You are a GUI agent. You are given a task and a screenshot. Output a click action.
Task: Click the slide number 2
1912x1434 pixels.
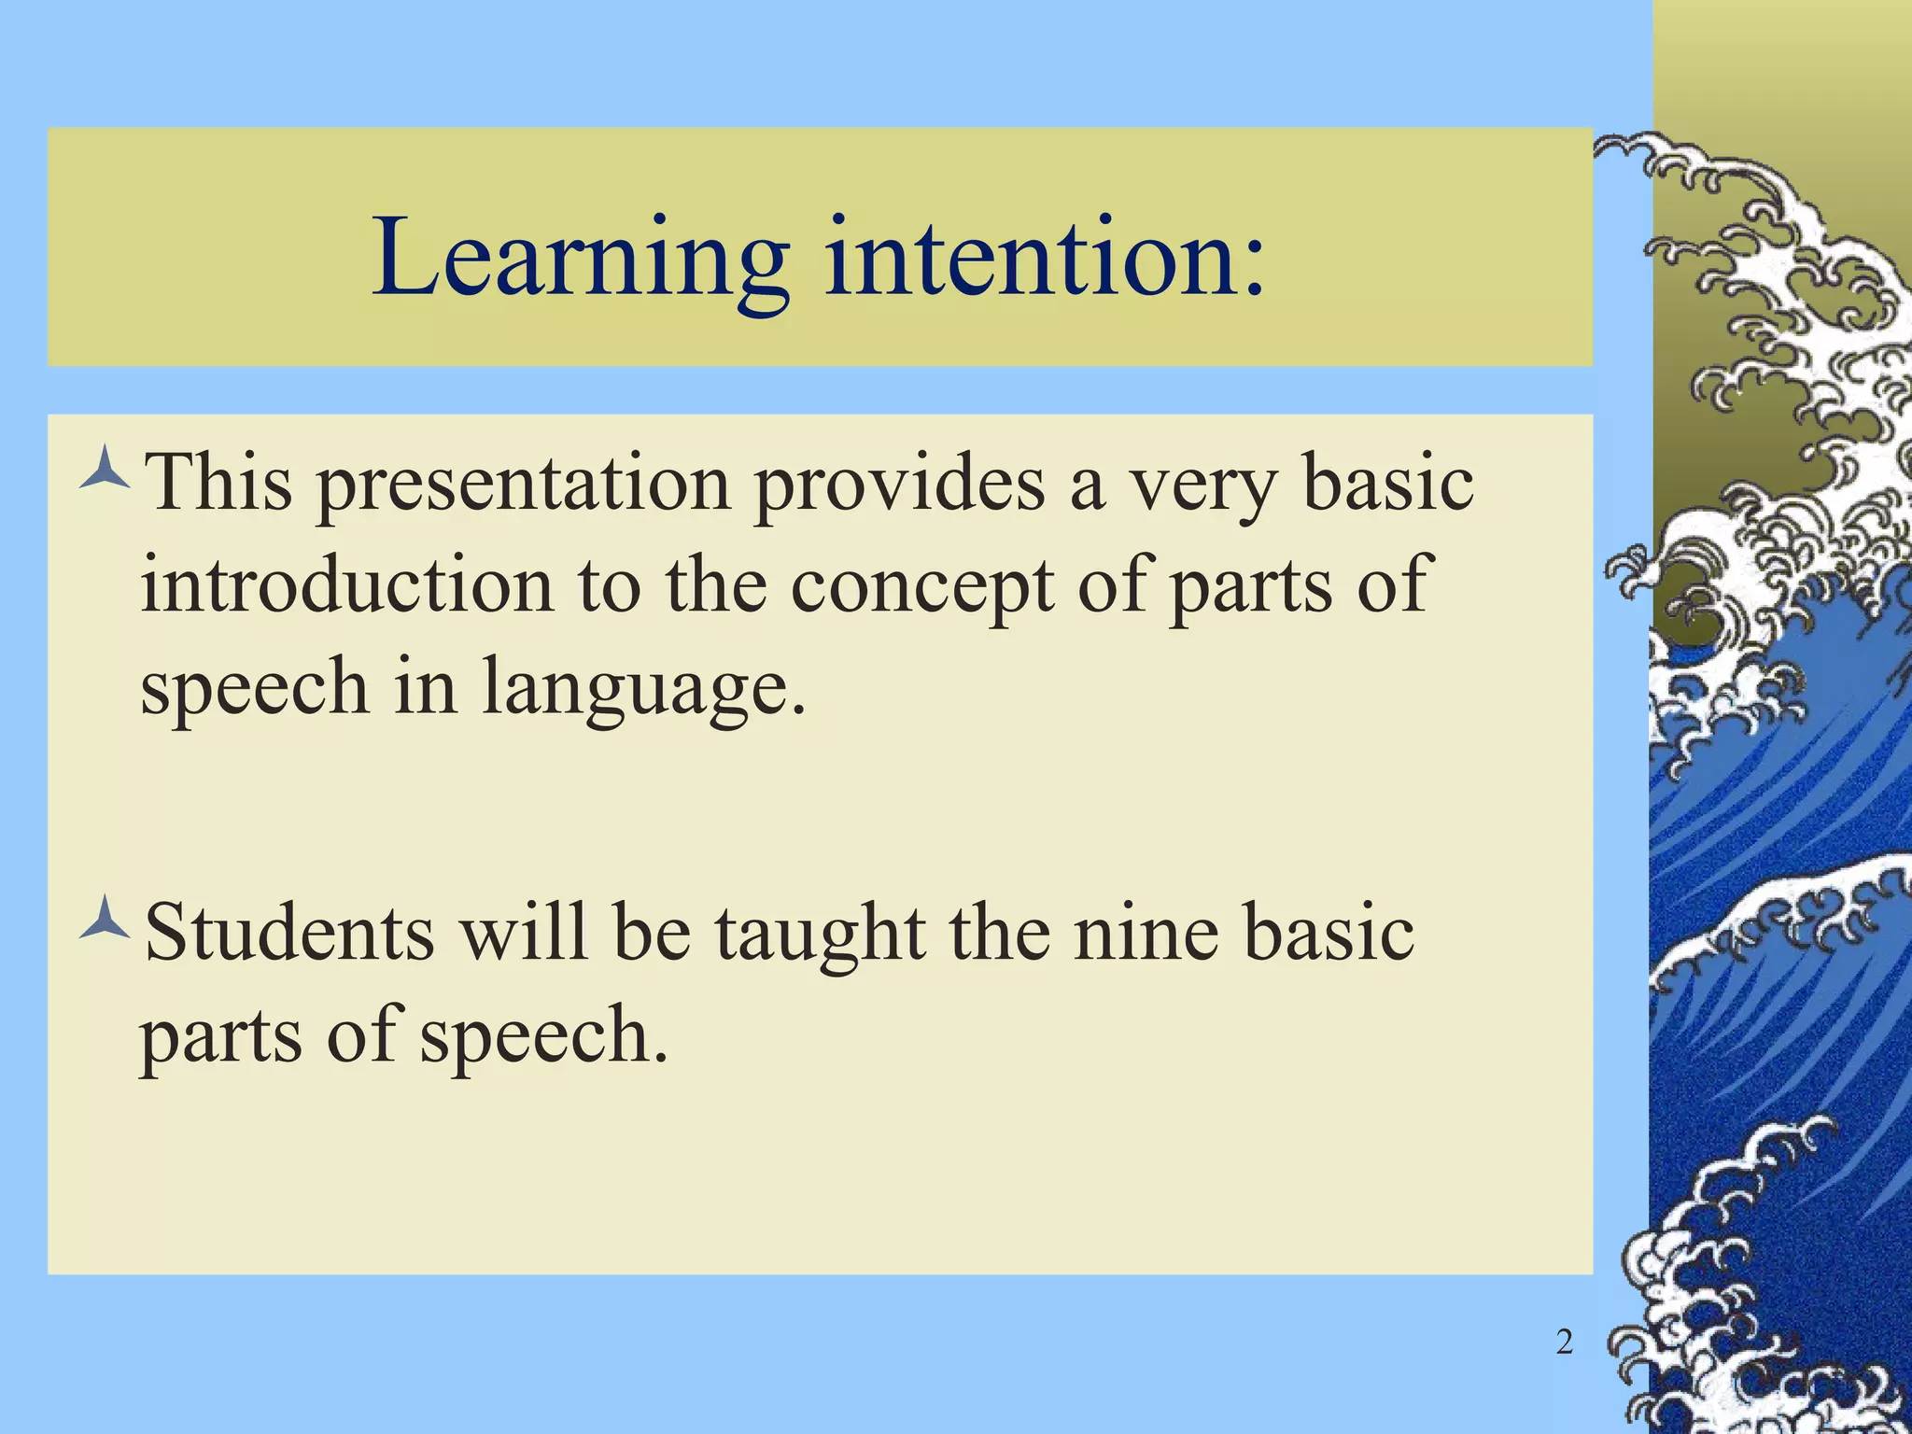1565,1343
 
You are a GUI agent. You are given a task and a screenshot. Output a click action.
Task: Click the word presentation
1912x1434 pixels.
523,485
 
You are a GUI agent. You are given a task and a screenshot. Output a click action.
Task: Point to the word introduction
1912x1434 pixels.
346,586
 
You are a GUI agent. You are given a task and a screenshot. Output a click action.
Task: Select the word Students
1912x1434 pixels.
290,933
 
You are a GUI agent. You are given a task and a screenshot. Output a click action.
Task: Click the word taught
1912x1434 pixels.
821,935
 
